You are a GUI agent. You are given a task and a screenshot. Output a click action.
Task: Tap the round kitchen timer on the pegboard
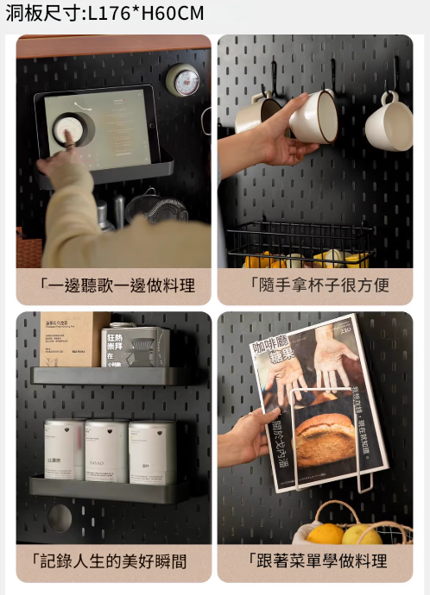coord(182,79)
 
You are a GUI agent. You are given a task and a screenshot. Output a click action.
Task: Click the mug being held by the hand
coord(313,116)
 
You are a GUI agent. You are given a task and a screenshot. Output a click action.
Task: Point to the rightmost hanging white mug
coord(389,126)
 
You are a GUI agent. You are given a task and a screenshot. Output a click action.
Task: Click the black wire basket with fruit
coord(298,246)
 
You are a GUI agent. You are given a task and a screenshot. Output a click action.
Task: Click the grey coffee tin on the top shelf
coord(135,346)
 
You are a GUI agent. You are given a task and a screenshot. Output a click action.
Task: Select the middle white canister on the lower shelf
coord(106,450)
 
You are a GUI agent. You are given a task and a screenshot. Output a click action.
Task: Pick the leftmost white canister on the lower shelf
coord(64,449)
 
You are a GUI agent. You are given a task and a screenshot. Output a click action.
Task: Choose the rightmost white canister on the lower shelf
coord(151,451)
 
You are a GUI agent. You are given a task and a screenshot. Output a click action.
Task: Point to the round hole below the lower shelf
coord(60,517)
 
